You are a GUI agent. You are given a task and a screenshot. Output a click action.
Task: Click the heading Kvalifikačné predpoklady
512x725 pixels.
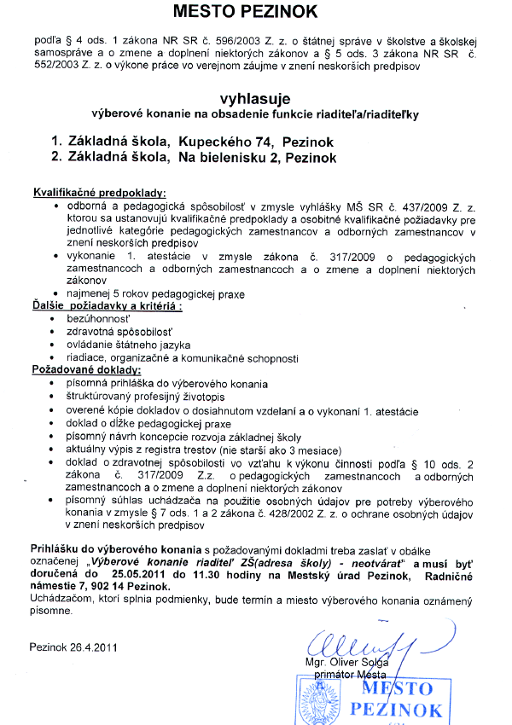coord(99,194)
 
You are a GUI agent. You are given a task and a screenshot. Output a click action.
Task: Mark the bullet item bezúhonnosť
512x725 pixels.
coord(102,318)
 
